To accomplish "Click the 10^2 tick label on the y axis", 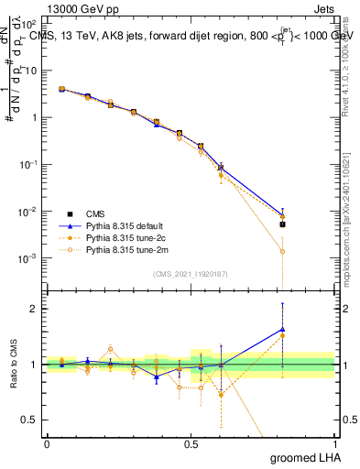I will tap(29, 23).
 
